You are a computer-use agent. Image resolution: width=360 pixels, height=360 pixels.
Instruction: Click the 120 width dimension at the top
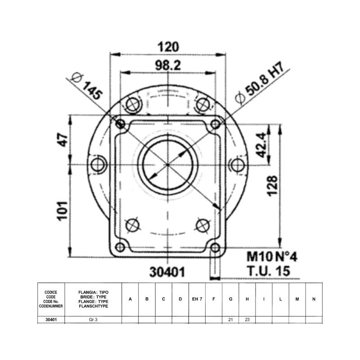point(168,47)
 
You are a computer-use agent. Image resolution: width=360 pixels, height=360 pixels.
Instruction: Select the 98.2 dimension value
point(168,65)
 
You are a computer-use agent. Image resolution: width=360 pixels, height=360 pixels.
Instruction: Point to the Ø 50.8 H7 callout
point(260,83)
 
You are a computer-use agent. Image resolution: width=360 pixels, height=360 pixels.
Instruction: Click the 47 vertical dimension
point(63,139)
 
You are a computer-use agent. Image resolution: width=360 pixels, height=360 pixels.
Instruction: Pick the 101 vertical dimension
point(63,211)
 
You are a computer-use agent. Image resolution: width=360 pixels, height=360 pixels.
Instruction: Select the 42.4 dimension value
point(262,145)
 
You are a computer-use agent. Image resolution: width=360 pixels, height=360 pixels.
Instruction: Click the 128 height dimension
point(273,186)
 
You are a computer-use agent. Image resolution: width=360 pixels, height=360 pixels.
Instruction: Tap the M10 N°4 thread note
point(272,256)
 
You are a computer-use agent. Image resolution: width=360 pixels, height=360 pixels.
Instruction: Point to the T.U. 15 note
point(268,271)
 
